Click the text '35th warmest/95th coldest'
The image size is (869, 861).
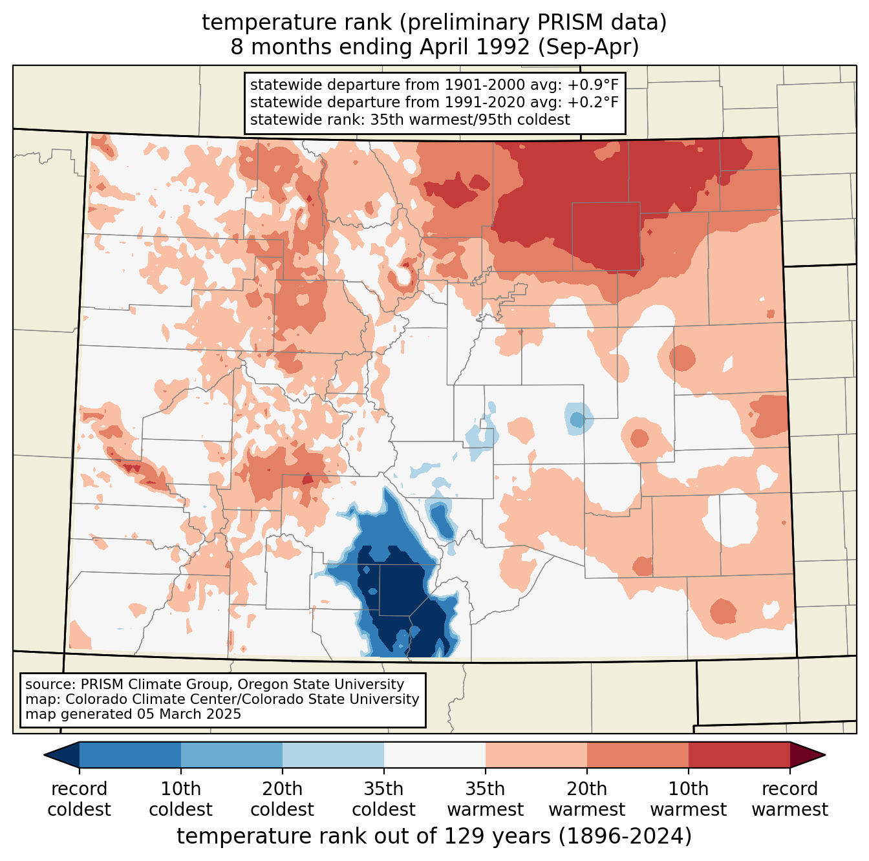pos(470,120)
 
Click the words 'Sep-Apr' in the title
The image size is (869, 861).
pos(588,47)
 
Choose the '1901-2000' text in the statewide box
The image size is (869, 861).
pos(485,85)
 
